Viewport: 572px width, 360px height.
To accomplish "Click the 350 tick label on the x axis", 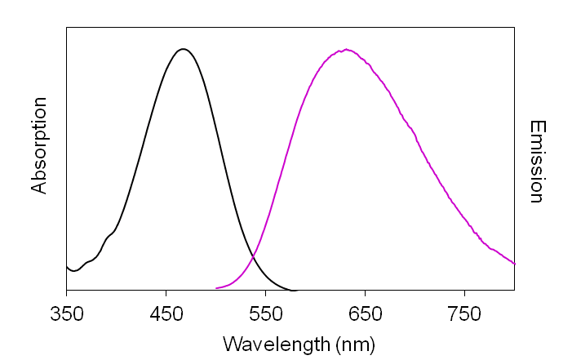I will (x=66, y=313).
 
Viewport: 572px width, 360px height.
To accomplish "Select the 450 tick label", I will (x=166, y=313).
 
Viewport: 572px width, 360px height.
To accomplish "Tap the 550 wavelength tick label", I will (x=265, y=313).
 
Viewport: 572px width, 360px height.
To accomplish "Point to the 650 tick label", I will (x=365, y=313).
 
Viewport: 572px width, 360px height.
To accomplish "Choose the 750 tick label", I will (x=464, y=313).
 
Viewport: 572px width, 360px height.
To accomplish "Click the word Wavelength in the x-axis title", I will (x=276, y=344).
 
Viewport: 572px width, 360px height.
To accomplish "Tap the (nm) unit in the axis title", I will (x=356, y=344).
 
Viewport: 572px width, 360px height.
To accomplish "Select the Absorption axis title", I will (x=39, y=145).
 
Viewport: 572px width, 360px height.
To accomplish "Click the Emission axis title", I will (x=536, y=162).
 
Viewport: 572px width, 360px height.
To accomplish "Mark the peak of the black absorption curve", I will (x=184, y=49).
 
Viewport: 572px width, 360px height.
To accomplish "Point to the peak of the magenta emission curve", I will (x=348, y=50).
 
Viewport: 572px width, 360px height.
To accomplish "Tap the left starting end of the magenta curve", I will (x=216, y=287).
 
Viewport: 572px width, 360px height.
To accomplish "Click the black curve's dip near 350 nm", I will (x=73, y=270).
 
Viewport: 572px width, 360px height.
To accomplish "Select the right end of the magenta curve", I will (x=514, y=264).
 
